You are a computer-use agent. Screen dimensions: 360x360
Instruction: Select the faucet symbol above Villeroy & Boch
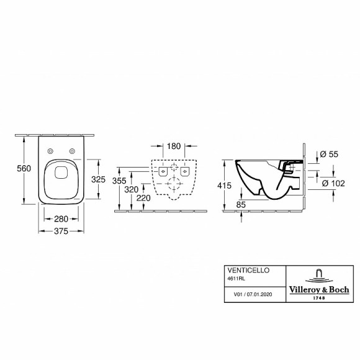click(x=318, y=275)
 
